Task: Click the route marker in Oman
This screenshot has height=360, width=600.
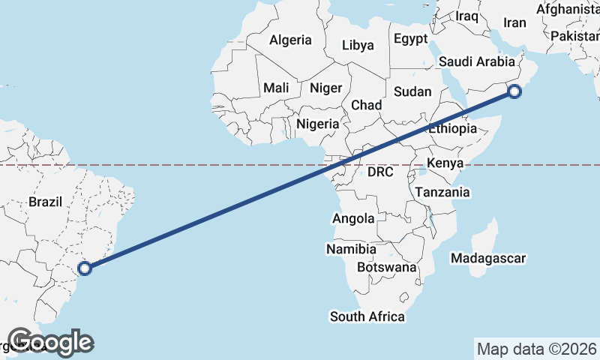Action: [x=514, y=92]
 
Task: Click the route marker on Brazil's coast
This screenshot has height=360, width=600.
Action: [x=85, y=267]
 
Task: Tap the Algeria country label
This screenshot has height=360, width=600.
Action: [x=290, y=40]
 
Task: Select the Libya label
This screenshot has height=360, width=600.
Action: [x=358, y=45]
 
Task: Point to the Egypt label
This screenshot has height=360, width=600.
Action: [x=410, y=38]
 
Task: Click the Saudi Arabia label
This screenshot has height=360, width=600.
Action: [x=474, y=61]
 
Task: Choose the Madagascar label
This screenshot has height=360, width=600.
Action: [x=487, y=258]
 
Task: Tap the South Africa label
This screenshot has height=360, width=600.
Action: [x=367, y=316]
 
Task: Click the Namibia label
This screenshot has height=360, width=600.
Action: [x=351, y=248]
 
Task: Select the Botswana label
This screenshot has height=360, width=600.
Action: [x=386, y=267]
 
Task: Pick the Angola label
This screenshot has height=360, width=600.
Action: [x=352, y=218]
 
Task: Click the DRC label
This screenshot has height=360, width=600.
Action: [x=381, y=172]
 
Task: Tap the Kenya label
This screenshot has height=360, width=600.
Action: [x=445, y=163]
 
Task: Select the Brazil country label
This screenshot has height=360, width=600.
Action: [x=45, y=202]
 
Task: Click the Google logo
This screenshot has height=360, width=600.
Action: [x=50, y=342]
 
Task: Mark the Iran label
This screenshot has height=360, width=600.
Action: [x=514, y=22]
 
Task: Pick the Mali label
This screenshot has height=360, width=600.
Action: [x=276, y=88]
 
